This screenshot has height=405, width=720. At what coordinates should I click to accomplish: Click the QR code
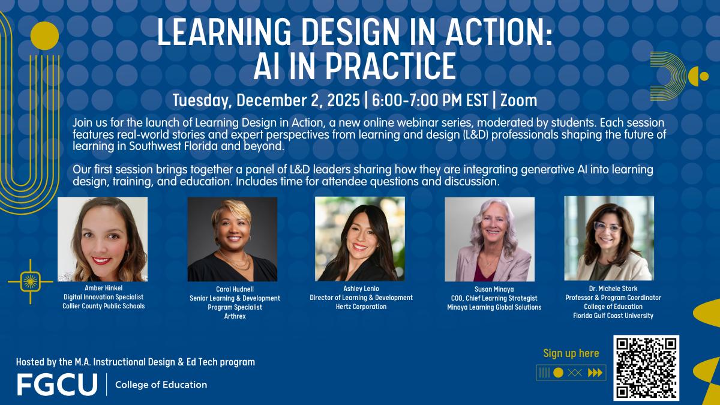click(x=646, y=367)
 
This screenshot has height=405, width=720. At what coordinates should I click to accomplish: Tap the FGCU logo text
click(x=57, y=385)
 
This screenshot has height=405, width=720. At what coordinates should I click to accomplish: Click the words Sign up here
click(x=571, y=353)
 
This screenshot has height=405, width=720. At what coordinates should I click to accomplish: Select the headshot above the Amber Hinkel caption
click(x=102, y=239)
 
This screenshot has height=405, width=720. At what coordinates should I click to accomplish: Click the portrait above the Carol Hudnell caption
click(x=232, y=239)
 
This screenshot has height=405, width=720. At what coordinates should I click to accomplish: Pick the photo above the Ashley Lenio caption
click(x=360, y=238)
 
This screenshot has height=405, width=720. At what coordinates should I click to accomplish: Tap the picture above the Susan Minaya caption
click(x=489, y=239)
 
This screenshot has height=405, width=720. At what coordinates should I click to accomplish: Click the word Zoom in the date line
click(x=518, y=99)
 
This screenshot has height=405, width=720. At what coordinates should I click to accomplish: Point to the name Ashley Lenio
click(x=361, y=288)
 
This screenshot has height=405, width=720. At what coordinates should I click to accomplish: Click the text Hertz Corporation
click(x=361, y=307)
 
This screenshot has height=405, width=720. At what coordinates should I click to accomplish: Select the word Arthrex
click(x=235, y=316)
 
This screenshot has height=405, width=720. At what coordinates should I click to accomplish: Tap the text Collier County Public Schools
click(x=104, y=306)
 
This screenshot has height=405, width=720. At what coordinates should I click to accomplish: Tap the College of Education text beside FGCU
click(x=161, y=385)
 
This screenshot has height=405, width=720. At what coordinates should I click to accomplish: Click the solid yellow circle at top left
click(x=44, y=35)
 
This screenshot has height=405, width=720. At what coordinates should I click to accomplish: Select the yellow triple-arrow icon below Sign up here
click(x=595, y=373)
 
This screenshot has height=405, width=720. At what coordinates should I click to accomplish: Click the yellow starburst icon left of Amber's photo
click(x=30, y=281)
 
